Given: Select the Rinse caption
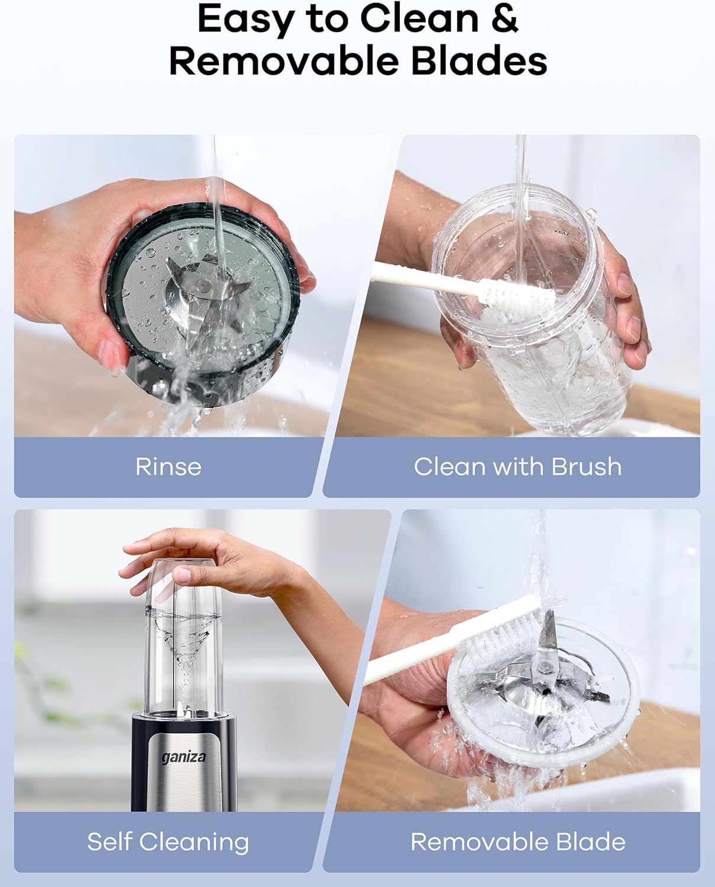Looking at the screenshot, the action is (x=169, y=467).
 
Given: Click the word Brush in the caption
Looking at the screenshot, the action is (x=586, y=467).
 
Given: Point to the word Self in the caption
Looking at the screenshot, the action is (x=109, y=841).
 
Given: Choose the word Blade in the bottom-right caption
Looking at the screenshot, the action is (x=590, y=841).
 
